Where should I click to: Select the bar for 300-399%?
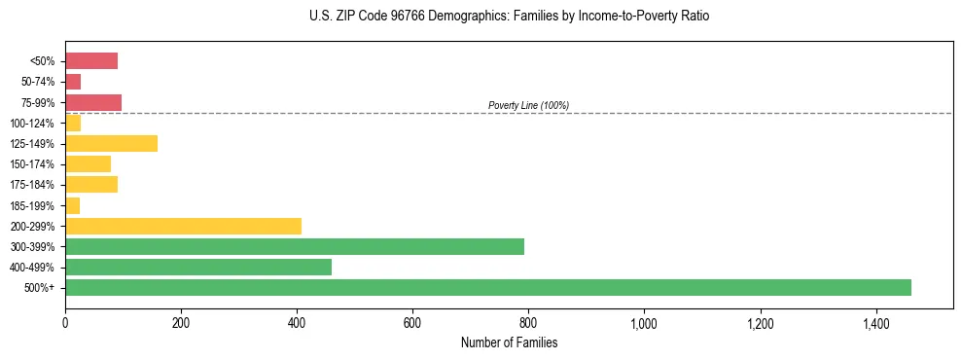click(x=295, y=246)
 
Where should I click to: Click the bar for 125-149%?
click(x=111, y=144)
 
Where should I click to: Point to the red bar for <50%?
click(x=91, y=61)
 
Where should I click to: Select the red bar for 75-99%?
click(x=93, y=102)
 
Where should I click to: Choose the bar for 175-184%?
click(x=91, y=185)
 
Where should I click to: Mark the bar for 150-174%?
click(x=88, y=164)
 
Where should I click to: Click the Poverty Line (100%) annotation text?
click(x=528, y=105)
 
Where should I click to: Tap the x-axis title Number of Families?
click(x=509, y=343)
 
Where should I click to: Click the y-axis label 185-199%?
click(x=33, y=205)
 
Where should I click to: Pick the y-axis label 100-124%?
click(x=33, y=124)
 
